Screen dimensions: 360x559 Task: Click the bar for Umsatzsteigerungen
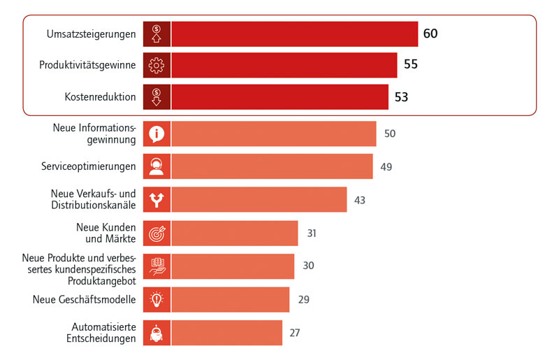(x=294, y=33)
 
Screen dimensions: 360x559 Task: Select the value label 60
(x=430, y=33)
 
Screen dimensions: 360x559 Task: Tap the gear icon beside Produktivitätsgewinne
(x=157, y=65)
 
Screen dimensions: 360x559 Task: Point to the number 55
(x=411, y=65)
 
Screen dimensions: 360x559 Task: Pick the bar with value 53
(x=279, y=97)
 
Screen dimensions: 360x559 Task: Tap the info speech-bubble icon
(x=157, y=134)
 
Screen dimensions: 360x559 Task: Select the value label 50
(x=390, y=134)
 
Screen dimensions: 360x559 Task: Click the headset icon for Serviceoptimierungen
(x=157, y=166)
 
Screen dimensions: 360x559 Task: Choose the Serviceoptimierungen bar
(x=272, y=166)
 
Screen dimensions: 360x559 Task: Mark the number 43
(x=360, y=200)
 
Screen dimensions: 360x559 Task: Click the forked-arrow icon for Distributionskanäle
(x=157, y=200)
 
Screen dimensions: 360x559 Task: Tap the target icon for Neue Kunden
(x=157, y=233)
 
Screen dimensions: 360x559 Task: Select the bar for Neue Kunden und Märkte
(x=235, y=233)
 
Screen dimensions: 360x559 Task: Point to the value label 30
(x=308, y=266)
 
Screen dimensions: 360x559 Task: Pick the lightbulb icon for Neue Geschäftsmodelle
(x=157, y=299)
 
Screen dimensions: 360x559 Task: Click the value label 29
(x=303, y=299)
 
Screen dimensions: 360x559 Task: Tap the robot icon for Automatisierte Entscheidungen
(x=157, y=333)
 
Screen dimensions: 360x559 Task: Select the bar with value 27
(x=227, y=333)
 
